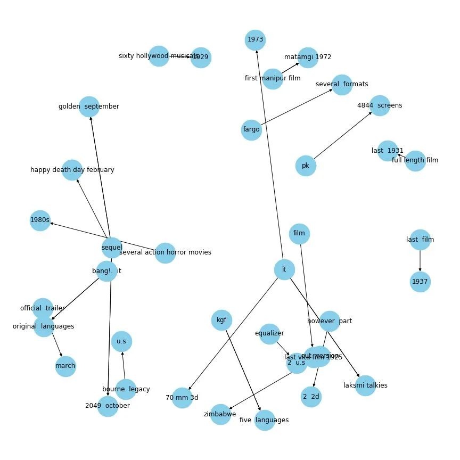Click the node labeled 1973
pos(256,40)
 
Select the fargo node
pos(251,129)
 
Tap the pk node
pos(306,166)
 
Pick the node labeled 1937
pos(420,282)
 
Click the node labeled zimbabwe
pos(220,414)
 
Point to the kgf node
pos(221,320)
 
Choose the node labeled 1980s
pos(40,220)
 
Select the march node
pos(65,366)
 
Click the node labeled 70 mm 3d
pos(182,398)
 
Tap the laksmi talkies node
pos(365,385)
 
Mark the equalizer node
pos(269,334)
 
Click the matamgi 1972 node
pos(308,57)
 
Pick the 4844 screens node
pos(380,105)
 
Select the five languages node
pos(264,420)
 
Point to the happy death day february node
pos(72,170)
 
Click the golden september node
pos(89,106)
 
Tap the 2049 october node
pos(108,406)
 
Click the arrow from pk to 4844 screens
pos(342,136)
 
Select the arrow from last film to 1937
pos(420,261)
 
